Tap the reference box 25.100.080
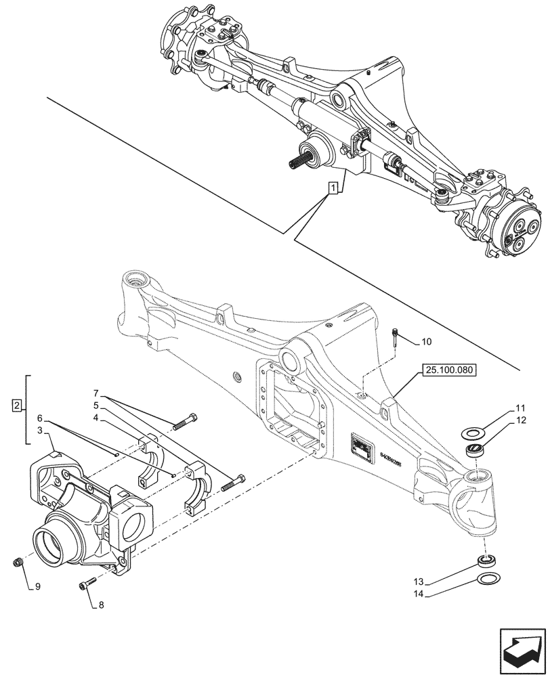click(x=449, y=370)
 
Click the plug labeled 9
click(x=20, y=561)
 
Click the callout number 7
click(x=96, y=393)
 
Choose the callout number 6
click(x=40, y=419)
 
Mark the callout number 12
click(x=520, y=420)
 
